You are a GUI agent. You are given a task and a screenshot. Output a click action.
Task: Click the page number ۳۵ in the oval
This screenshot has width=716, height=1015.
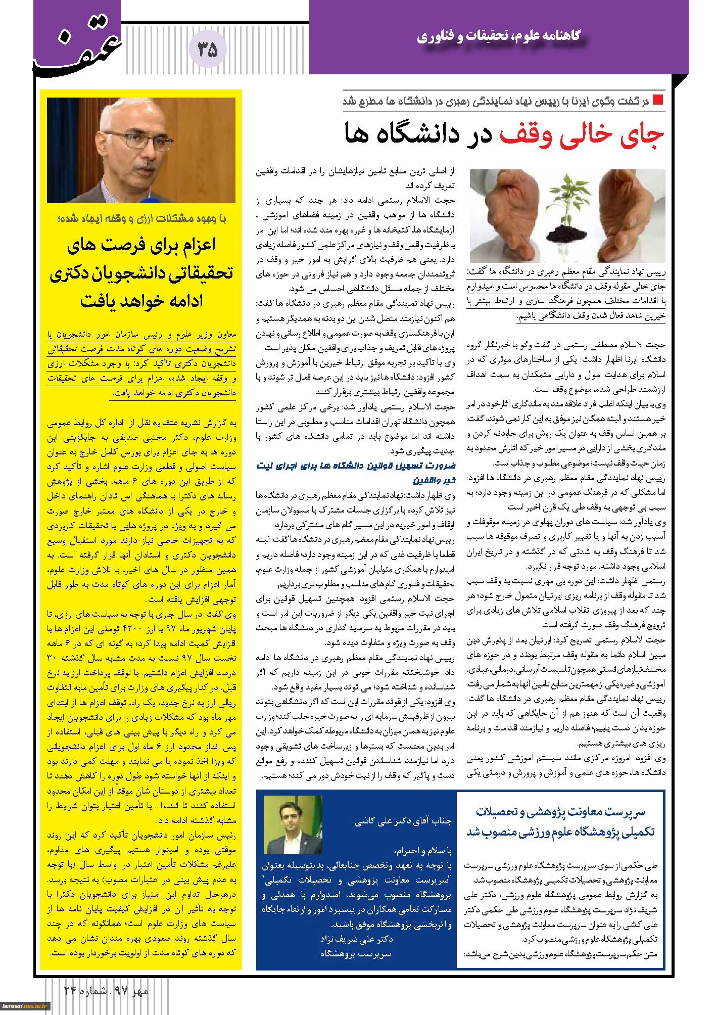207,51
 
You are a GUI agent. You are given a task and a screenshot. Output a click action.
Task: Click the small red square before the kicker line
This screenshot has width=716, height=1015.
657,99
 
